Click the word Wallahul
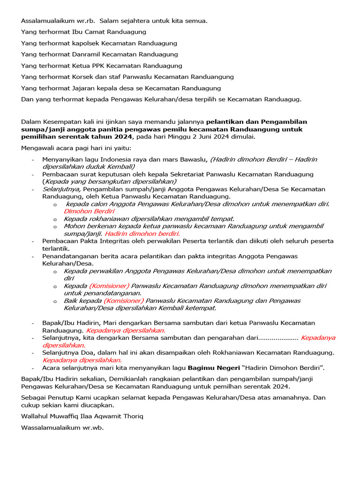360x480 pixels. (35, 416)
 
